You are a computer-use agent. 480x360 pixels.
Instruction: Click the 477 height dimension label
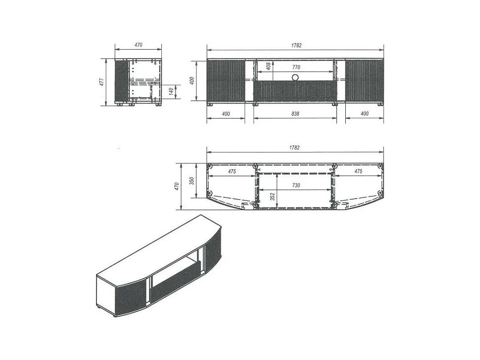[102, 82]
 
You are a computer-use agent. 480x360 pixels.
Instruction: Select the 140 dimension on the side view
[171, 91]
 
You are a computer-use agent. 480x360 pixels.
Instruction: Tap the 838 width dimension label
[295, 114]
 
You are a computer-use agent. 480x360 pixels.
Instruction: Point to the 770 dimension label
[296, 68]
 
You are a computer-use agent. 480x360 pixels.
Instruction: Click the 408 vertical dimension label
[268, 66]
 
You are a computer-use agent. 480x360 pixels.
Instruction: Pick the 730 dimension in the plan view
[296, 185]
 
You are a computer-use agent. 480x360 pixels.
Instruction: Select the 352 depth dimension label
[272, 196]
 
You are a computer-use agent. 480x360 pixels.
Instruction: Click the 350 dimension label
[192, 181]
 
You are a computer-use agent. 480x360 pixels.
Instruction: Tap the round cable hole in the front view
[295, 77]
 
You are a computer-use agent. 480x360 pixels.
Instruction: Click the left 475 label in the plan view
[232, 172]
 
